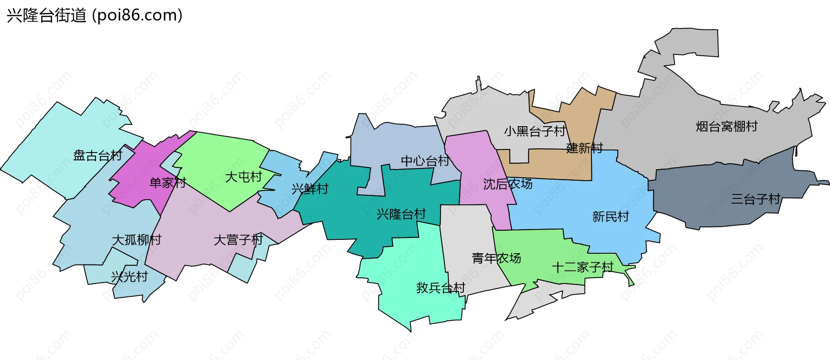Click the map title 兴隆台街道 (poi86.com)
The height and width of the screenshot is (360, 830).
[94, 16]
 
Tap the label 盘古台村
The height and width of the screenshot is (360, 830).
[98, 156]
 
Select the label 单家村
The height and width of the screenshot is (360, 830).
[168, 183]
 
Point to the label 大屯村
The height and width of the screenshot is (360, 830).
[243, 177]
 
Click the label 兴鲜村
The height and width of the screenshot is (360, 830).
[310, 189]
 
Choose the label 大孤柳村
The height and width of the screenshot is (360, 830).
[137, 240]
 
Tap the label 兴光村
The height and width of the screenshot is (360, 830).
[129, 277]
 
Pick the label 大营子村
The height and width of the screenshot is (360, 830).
[238, 240]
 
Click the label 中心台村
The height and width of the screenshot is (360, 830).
[425, 161]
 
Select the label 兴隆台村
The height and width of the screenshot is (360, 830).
[401, 214]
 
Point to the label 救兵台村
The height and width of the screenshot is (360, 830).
[441, 288]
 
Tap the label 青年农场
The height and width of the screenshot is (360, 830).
[496, 258]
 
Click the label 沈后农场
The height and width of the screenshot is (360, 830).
[508, 184]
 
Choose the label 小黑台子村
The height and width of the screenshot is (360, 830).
[535, 131]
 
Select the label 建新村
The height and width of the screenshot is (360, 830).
[584, 148]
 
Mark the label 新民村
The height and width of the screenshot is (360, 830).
[610, 217]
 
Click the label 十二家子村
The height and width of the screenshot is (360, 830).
[583, 268]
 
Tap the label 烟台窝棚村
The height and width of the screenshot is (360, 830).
[727, 127]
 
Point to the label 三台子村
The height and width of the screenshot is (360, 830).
[755, 199]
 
